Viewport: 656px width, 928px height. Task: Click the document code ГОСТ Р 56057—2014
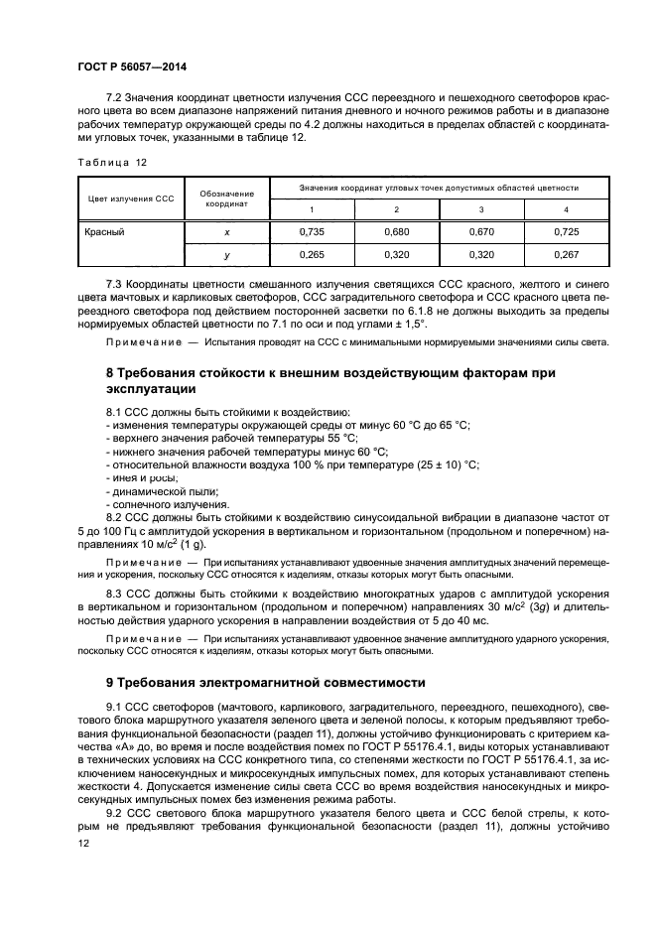pos(131,66)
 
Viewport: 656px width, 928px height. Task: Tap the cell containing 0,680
pos(396,231)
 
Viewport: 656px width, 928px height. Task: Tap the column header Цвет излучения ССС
pos(131,198)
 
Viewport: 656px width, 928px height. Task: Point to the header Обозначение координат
pos(226,198)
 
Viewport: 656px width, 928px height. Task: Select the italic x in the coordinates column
pos(226,231)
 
